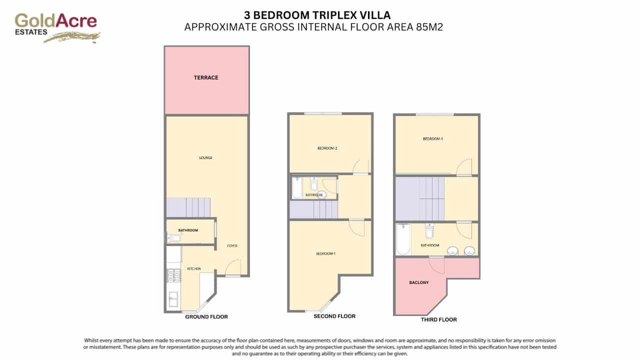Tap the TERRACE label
pyautogui.click(x=206, y=78)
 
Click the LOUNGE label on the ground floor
pyautogui.click(x=205, y=158)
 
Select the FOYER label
pyautogui.click(x=232, y=246)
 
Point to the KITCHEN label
pyautogui.click(x=194, y=269)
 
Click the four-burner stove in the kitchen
pyautogui.click(x=173, y=275)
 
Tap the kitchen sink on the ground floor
pyautogui.click(x=173, y=299)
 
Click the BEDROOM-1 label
pyautogui.click(x=325, y=254)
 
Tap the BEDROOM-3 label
pyautogui.click(x=433, y=139)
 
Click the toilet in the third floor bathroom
pyautogui.click(x=429, y=231)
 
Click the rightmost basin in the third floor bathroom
pyautogui.click(x=469, y=250)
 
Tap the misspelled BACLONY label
pyautogui.click(x=418, y=282)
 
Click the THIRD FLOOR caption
pyautogui.click(x=438, y=319)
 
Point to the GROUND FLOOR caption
pyautogui.click(x=206, y=316)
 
